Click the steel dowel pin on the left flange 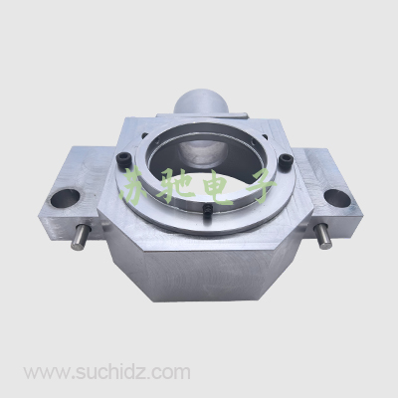coord(79,238)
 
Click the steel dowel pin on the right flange coord(322,236)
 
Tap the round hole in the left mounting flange coord(65,199)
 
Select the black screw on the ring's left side coord(123,159)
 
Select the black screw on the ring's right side coord(285,160)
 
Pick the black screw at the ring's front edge coord(207,211)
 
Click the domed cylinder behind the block coord(201,101)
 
